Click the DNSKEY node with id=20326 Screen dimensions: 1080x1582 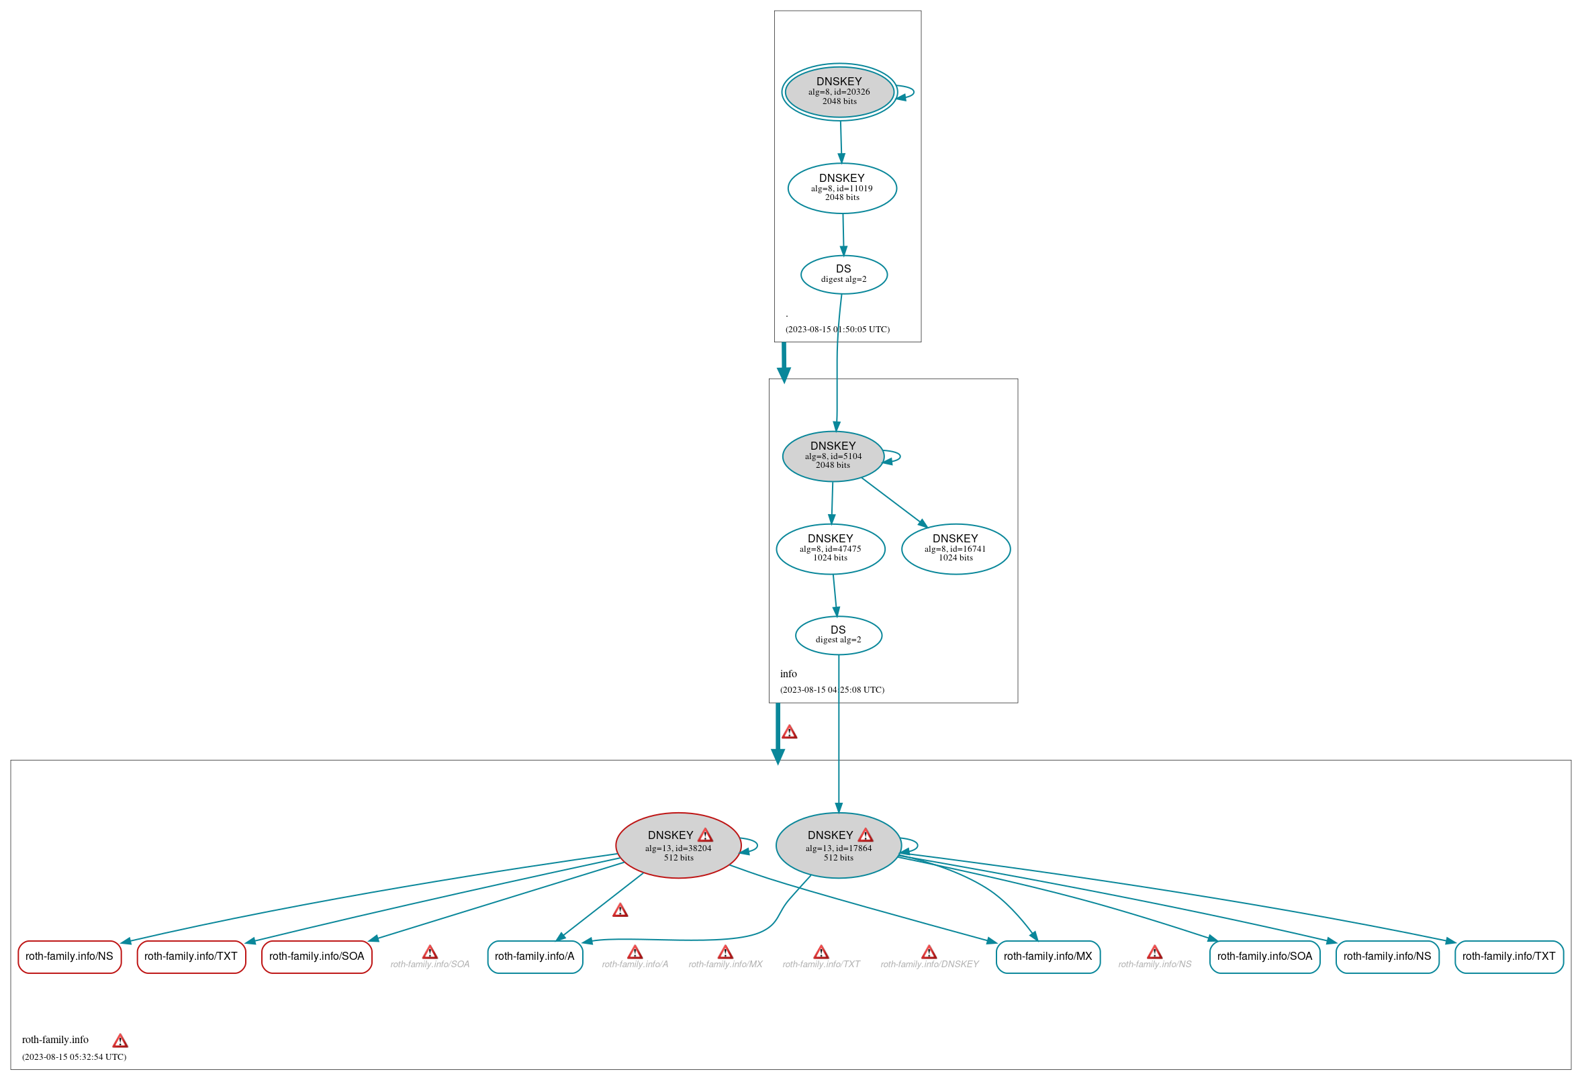pos(839,92)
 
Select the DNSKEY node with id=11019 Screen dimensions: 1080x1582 pos(841,189)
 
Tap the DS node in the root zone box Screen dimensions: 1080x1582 pos(843,275)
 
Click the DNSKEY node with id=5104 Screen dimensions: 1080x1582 pos(833,456)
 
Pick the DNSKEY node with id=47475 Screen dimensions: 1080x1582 pos(830,549)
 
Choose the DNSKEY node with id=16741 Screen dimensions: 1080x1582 pos(955,549)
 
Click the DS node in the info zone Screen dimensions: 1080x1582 pos(838,636)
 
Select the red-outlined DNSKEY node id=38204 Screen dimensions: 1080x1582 pos(678,846)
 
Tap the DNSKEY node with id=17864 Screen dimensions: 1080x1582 pos(838,846)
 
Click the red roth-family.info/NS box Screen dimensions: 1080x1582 pos(69,956)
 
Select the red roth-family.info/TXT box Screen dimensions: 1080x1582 pos(191,956)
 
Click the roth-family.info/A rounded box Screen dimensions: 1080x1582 pos(534,956)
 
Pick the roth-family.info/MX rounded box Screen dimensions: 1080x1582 pos(1048,956)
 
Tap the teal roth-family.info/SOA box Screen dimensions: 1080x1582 pos(1264,956)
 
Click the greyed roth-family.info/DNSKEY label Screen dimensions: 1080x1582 pos(929,965)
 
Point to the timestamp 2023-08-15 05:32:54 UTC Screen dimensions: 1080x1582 pos(75,1057)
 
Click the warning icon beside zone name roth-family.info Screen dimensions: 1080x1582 pos(120,1040)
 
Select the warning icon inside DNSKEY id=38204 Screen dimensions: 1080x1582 pos(705,835)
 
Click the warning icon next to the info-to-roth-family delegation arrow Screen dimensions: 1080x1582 pos(789,732)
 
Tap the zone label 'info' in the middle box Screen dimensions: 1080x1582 pos(788,674)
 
